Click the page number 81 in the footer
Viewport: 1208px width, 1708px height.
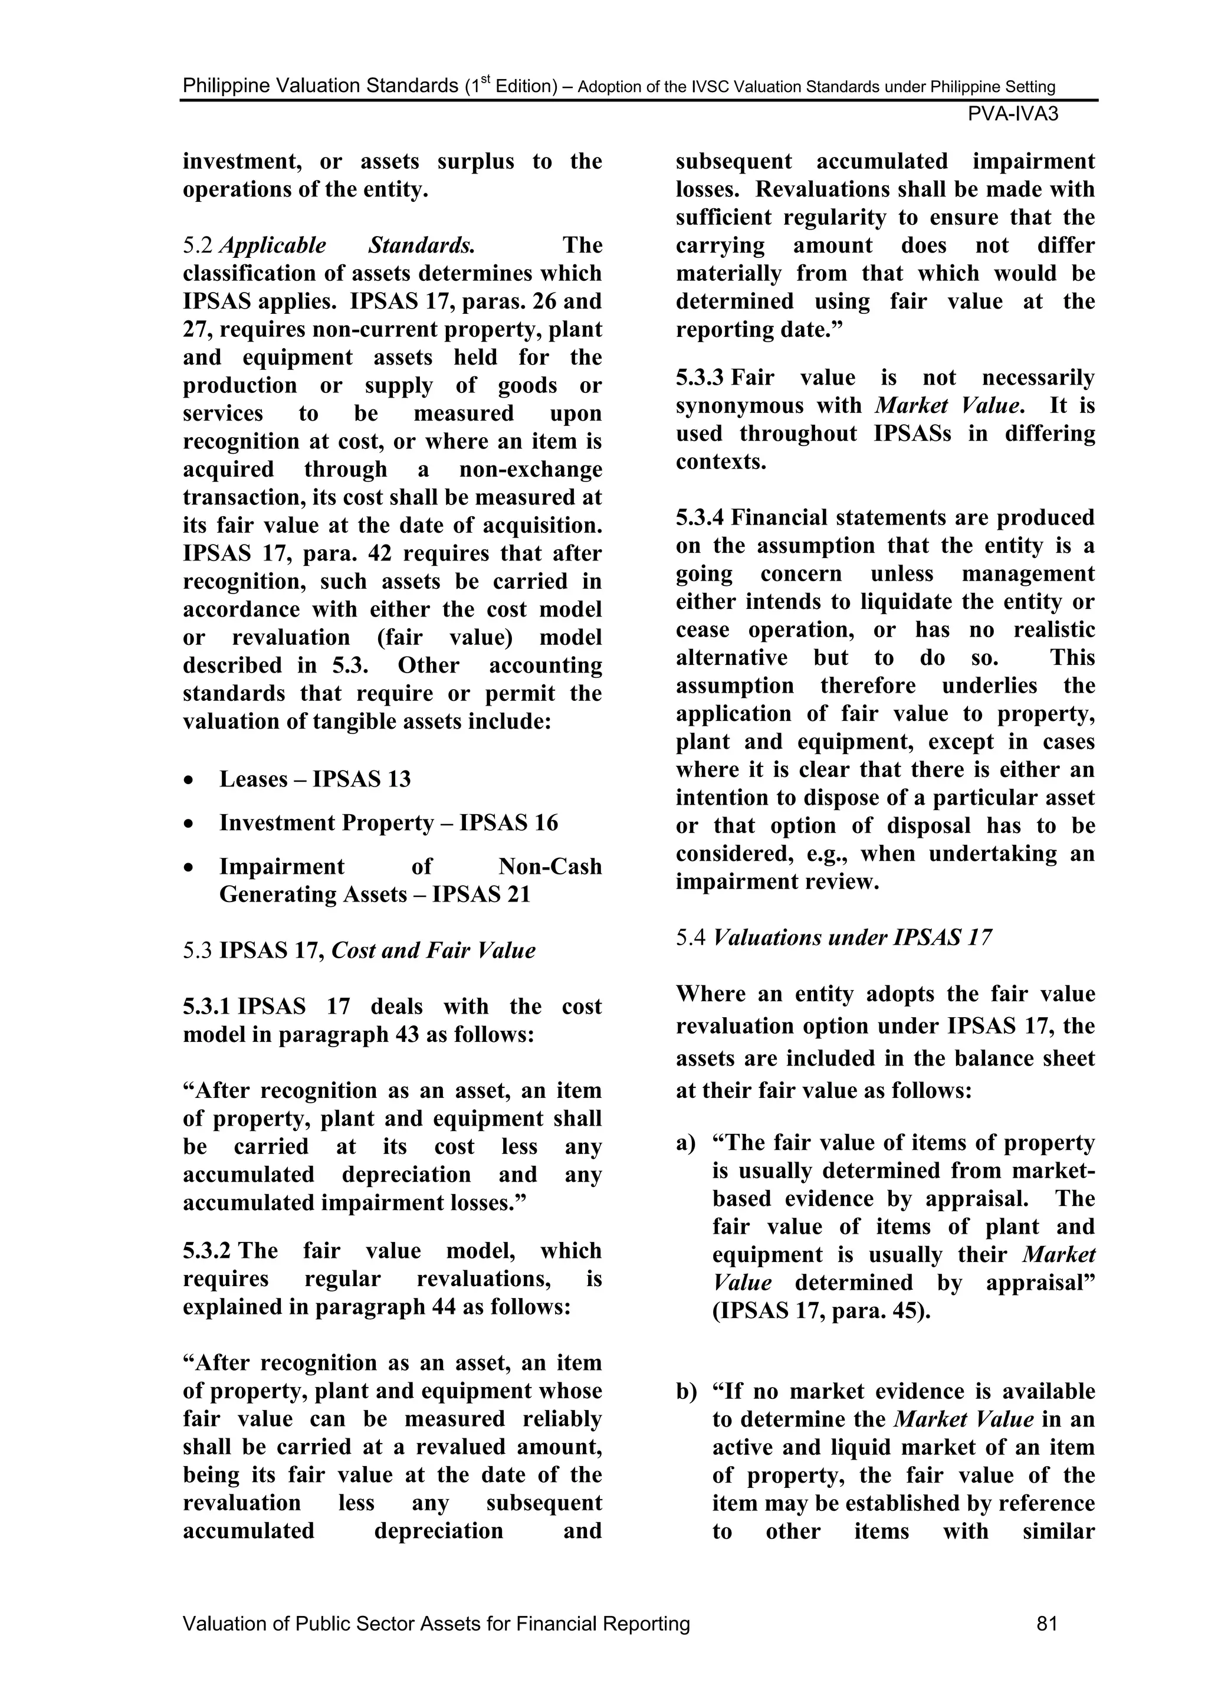[x=1046, y=1623]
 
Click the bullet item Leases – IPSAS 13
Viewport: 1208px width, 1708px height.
[x=314, y=779]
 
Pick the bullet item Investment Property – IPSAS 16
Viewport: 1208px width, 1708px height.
[x=388, y=823]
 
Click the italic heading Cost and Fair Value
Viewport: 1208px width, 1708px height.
[x=433, y=950]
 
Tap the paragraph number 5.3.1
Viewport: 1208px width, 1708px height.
[x=207, y=1007]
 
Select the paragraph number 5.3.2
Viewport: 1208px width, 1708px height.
[x=207, y=1251]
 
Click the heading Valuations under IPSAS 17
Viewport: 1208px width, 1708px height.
[x=852, y=937]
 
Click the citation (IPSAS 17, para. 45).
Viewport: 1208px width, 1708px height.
[x=821, y=1311]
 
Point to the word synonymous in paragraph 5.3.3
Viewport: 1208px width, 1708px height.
[x=767, y=406]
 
